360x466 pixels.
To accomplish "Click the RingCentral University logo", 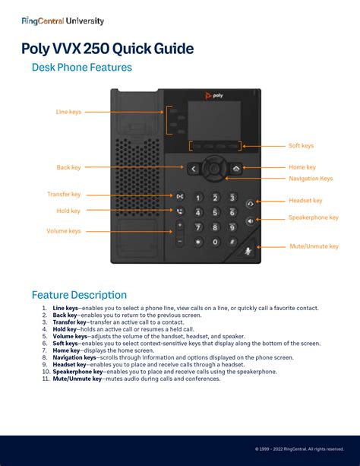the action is coord(63,21).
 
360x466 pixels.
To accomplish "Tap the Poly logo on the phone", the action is coord(214,95).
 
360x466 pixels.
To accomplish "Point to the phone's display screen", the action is coord(214,120).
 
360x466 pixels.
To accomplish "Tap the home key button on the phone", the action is coord(236,169).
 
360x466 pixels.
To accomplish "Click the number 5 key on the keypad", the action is coord(215,212).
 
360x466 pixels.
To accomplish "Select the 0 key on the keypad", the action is coord(215,242).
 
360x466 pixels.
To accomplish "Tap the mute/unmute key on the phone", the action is coord(248,252).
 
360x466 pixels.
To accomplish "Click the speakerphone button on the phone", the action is coord(251,220).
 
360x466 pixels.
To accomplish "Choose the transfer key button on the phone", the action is coord(180,196).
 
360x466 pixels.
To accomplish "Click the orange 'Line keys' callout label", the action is coord(68,112).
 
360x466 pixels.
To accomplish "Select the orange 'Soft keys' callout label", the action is coord(302,146).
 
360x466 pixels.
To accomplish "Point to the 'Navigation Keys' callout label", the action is coord(311,179).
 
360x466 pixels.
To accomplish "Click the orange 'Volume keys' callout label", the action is coord(64,231).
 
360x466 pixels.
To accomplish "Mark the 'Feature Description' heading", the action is coord(79,295).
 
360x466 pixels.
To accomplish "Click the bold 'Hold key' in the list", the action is coord(65,329).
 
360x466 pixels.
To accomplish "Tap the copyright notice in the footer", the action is coord(299,449).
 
